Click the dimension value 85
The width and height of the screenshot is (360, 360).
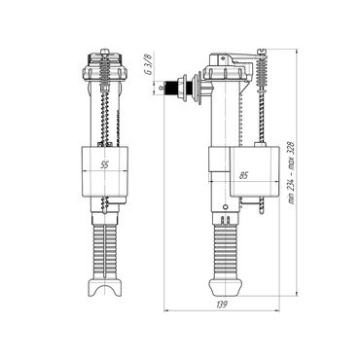point(242,176)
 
